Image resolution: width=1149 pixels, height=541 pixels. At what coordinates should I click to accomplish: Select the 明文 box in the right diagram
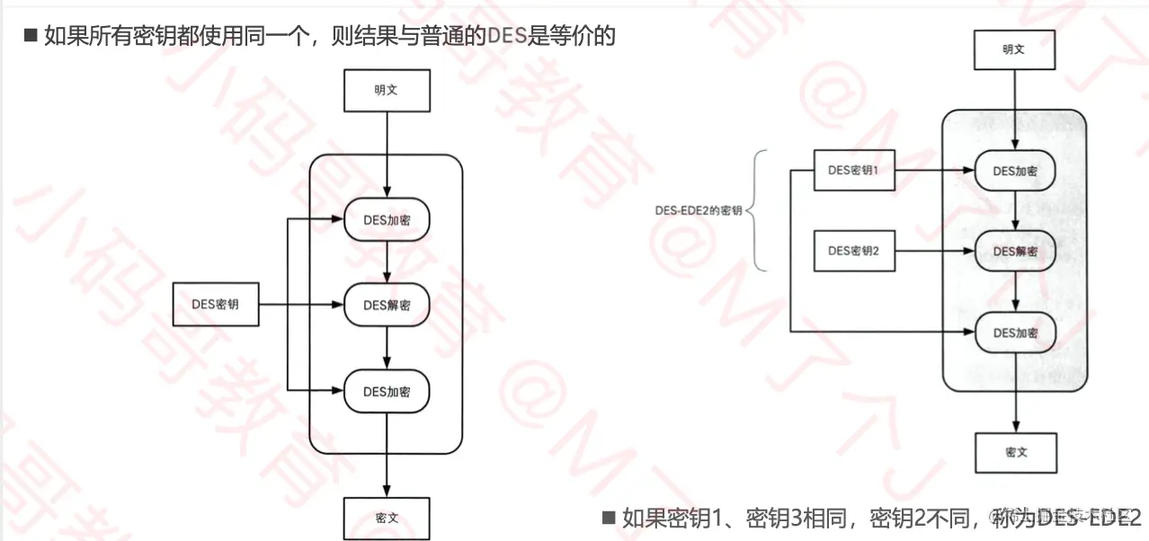pyautogui.click(x=1014, y=49)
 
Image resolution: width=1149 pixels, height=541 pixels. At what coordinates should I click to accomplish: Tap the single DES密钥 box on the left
pyautogui.click(x=215, y=304)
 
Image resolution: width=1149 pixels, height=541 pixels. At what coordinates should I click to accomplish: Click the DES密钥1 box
pyautogui.click(x=853, y=170)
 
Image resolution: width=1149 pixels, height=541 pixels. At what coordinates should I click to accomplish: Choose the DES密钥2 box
pyautogui.click(x=853, y=251)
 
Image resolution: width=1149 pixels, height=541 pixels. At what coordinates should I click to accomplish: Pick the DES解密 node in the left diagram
pyautogui.click(x=387, y=306)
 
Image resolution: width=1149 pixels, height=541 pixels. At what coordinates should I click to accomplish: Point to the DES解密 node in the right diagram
pyautogui.click(x=1015, y=252)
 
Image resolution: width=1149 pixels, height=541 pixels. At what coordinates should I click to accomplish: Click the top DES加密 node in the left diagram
pyautogui.click(x=387, y=220)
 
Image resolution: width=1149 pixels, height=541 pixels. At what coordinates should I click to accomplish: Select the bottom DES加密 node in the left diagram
pyautogui.click(x=387, y=391)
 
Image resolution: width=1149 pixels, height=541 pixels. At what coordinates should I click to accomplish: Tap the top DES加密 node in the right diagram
pyautogui.click(x=1015, y=171)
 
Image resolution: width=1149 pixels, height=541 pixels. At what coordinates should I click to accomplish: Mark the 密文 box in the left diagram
pyautogui.click(x=387, y=519)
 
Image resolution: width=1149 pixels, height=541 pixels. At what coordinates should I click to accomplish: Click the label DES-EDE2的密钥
pyautogui.click(x=699, y=210)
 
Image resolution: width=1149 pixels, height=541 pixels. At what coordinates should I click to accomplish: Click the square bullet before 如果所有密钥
pyautogui.click(x=30, y=36)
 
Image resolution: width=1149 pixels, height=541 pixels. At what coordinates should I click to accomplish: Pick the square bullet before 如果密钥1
pyautogui.click(x=609, y=517)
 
